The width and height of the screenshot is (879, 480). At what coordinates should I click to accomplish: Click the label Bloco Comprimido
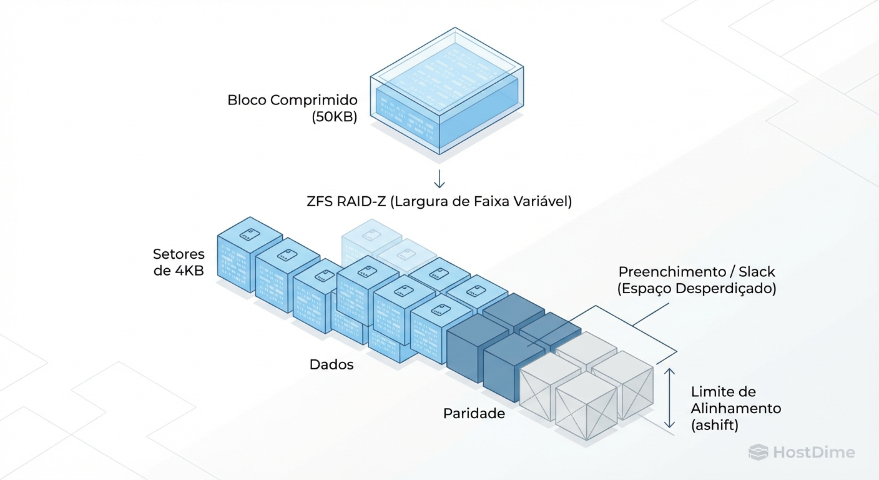[x=292, y=100]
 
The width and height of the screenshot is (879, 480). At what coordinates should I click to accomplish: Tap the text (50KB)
[x=334, y=117]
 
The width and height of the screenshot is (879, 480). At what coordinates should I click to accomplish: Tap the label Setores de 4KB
[x=179, y=262]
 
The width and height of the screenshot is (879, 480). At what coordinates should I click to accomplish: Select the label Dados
[x=331, y=364]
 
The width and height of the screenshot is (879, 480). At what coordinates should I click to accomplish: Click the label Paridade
[x=474, y=413]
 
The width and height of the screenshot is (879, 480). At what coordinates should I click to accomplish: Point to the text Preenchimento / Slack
[x=697, y=272]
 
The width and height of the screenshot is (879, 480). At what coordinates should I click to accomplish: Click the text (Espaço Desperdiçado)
[x=697, y=289]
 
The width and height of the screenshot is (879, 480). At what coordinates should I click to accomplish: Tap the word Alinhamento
[x=736, y=408]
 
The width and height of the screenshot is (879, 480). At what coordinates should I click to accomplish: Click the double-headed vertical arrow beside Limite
[x=669, y=398]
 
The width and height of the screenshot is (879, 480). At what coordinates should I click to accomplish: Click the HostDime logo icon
[x=758, y=452]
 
